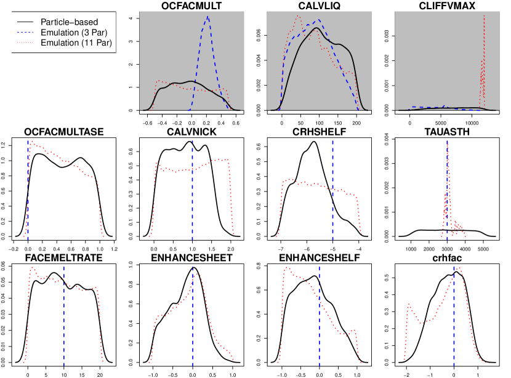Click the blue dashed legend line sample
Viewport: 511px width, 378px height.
click(25, 32)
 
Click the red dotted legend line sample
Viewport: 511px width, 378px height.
click(25, 42)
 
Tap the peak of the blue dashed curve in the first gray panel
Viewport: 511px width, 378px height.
click(208, 17)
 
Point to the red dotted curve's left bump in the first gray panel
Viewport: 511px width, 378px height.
click(159, 81)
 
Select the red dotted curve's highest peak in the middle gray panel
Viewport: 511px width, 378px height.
click(298, 17)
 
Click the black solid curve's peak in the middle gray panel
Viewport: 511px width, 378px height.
click(316, 28)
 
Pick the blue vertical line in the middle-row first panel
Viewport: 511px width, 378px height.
click(28, 185)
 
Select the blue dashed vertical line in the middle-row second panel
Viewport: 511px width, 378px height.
click(192, 197)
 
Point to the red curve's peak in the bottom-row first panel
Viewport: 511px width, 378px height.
click(32, 268)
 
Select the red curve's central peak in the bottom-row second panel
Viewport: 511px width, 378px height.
click(196, 274)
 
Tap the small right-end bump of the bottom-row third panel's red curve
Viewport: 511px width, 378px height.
click(353, 331)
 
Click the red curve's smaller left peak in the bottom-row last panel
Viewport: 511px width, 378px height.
click(409, 304)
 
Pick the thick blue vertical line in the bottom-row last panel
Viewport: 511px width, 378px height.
click(454, 320)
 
